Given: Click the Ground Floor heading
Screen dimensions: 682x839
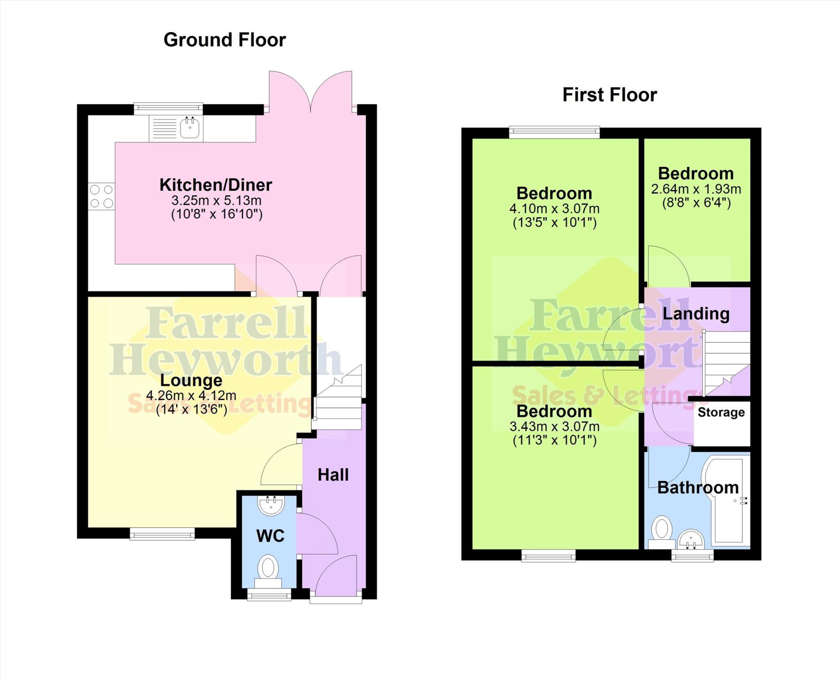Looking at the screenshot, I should (224, 40).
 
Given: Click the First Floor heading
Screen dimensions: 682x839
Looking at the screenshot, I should (610, 95).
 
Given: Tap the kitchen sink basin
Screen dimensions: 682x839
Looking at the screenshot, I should (190, 128).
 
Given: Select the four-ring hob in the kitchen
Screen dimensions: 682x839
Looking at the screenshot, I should (102, 196).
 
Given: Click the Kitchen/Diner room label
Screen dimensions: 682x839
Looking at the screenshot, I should (215, 185).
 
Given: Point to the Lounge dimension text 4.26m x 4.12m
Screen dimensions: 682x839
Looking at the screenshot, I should (191, 396).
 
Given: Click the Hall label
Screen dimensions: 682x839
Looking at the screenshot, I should (333, 475).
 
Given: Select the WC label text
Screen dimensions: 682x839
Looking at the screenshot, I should (270, 536).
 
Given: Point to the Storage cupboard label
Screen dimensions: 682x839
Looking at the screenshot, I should (721, 412).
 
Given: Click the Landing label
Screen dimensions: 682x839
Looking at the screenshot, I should (696, 314).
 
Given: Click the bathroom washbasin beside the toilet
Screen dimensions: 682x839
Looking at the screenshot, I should (691, 540).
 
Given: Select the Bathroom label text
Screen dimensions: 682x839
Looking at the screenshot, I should (698, 488).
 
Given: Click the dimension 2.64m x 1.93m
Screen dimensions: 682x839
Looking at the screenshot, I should (696, 189).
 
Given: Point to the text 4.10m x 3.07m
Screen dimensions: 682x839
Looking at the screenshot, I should (554, 209).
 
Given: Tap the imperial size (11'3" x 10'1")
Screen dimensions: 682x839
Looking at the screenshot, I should (554, 440).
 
